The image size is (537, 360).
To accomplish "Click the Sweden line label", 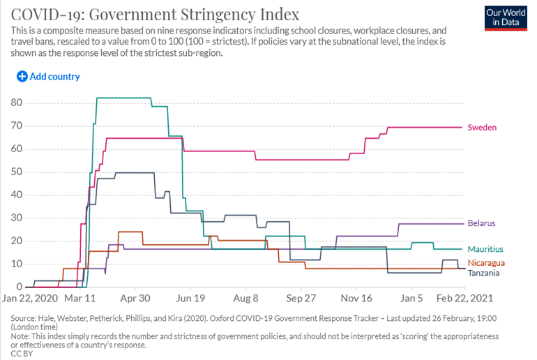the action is tap(482, 128).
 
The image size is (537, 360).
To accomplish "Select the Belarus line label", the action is tap(481, 223).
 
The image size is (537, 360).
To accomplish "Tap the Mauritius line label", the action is tap(485, 249).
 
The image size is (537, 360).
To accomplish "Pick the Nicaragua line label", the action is tap(486, 263).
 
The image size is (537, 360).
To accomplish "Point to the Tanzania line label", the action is tap(483, 273).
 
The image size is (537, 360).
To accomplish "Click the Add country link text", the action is tap(55, 76).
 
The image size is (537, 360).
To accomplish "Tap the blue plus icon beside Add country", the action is tap(22, 76).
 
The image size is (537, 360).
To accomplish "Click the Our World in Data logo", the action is tap(506, 18).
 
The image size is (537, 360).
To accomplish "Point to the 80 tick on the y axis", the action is tap(17, 103).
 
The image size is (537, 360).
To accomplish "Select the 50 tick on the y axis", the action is tap(17, 172).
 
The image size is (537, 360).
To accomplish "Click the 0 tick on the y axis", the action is tap(20, 287).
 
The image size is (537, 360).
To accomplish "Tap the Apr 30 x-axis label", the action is tap(135, 298).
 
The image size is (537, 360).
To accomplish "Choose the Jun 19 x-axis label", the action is tap(190, 298).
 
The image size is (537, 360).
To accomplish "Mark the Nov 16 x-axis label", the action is tap(356, 298).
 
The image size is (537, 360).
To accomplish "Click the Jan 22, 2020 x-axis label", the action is tap(30, 298).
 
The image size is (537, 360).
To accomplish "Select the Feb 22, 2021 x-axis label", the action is tap(464, 298).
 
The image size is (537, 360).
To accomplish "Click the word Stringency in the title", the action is tap(218, 15).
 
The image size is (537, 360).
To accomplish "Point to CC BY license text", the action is tap(22, 354).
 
